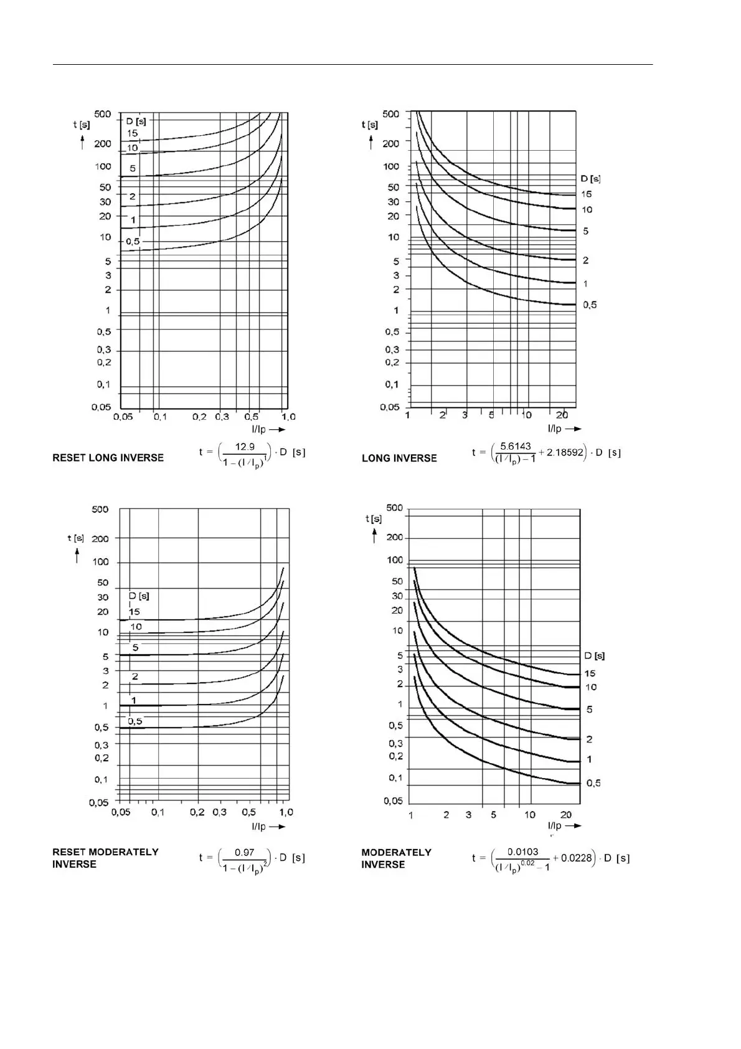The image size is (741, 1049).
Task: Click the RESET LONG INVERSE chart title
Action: [x=108, y=458]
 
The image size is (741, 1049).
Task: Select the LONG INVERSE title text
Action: [x=399, y=458]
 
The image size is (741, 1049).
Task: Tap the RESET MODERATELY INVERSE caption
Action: [x=105, y=858]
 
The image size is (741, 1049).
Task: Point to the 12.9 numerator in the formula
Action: [x=245, y=446]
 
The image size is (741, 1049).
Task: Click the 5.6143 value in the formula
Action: [x=516, y=446]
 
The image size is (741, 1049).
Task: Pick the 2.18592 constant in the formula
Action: [x=565, y=452]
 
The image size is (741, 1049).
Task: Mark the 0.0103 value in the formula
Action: [x=522, y=852]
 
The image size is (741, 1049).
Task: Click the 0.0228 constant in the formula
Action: [x=577, y=858]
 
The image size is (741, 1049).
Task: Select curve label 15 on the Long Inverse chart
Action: [x=587, y=194]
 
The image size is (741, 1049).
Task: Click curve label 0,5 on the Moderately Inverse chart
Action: [x=593, y=783]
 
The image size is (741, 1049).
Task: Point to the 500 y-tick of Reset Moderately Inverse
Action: [x=100, y=509]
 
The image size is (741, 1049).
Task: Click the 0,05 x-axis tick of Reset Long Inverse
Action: [x=123, y=417]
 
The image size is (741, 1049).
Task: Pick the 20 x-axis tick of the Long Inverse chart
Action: [x=562, y=415]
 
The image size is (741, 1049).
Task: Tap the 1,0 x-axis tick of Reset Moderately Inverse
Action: [x=286, y=812]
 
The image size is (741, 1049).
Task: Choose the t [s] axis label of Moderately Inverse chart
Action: [x=374, y=518]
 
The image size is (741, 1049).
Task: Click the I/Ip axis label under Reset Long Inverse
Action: [x=258, y=429]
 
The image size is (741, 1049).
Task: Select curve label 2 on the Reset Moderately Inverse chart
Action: [x=135, y=676]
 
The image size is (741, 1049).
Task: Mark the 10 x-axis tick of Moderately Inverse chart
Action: [x=529, y=815]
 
